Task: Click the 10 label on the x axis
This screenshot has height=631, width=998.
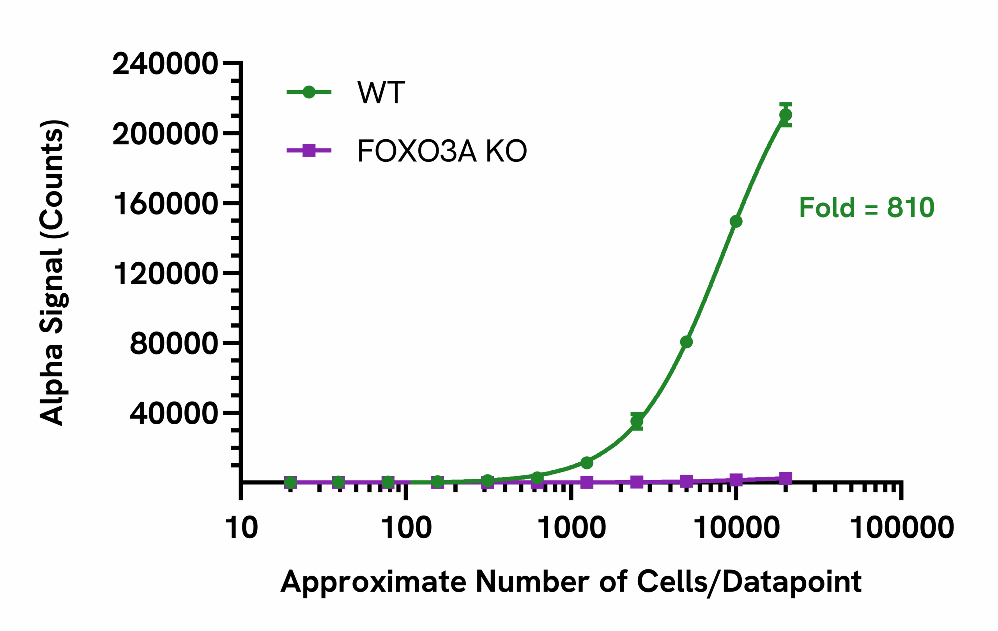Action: coord(241,528)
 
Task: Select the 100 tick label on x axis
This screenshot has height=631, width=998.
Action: coord(406,528)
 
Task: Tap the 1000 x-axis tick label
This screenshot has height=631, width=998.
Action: coord(572,528)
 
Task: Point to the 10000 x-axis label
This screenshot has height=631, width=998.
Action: coord(736,528)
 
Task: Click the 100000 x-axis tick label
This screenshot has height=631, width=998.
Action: coord(902,528)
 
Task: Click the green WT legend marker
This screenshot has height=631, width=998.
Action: coord(309,92)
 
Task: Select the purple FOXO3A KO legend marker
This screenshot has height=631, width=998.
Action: coord(309,150)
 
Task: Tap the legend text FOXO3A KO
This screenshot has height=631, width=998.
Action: coord(442,151)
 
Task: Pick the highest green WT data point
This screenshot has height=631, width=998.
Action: coord(786,115)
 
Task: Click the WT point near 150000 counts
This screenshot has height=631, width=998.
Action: coord(736,222)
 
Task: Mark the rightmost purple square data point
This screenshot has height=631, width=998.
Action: coord(786,479)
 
